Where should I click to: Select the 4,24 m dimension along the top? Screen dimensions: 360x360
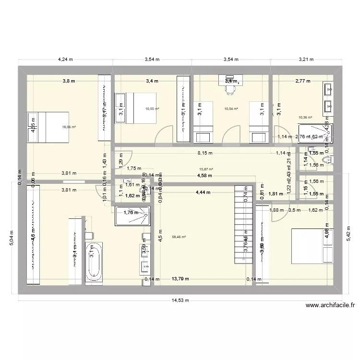[65, 60]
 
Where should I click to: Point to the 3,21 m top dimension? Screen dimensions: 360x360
[305, 60]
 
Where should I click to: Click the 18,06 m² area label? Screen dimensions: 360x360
[69, 127]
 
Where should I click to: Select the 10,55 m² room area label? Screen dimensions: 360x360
[152, 109]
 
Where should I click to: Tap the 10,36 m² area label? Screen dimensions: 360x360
[305, 117]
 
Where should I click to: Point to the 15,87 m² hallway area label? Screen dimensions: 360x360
[206, 169]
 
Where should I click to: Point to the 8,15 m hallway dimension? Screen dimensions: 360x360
[207, 153]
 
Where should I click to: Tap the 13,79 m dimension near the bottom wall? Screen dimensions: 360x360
[180, 278]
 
